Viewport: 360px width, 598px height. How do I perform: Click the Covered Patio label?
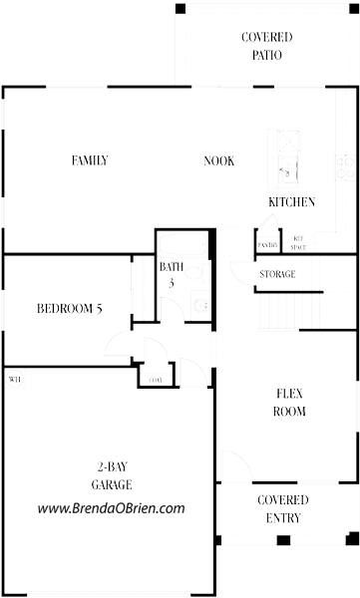coord(266,46)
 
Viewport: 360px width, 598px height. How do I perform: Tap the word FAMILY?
coord(90,160)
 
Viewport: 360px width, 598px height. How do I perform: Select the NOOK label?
coord(218,160)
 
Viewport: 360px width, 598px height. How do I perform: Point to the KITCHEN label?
coord(291,202)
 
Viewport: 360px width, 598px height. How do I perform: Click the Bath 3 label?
coord(171,274)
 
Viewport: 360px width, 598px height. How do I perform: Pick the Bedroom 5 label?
coord(70,308)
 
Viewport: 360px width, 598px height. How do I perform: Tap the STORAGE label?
coord(277,274)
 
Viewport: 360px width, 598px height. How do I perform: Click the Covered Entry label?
coord(282,508)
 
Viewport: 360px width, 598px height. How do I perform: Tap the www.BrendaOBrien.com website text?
coord(111,508)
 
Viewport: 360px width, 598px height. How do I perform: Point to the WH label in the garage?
coord(14,380)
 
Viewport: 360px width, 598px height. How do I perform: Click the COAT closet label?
coord(156,380)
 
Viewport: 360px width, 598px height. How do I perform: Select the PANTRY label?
coord(266,244)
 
